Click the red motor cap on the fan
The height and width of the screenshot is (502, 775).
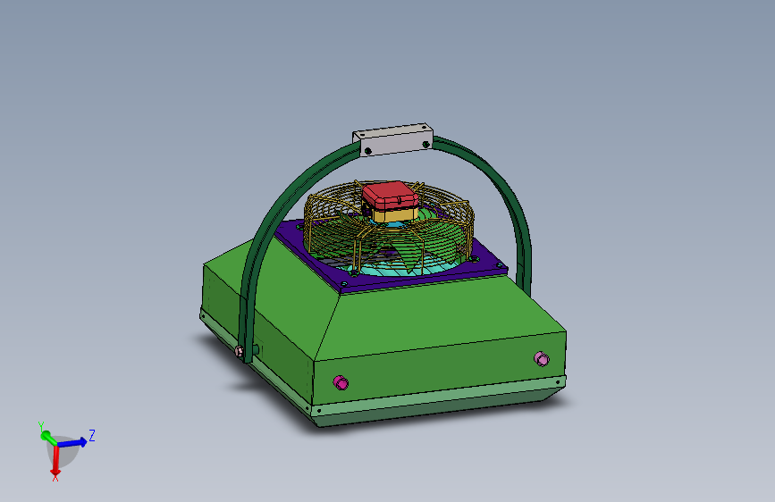pos(390,195)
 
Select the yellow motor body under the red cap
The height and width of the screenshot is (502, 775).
pos(395,214)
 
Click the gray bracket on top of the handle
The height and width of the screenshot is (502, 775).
pos(393,139)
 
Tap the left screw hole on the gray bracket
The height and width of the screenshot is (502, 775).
pos(367,151)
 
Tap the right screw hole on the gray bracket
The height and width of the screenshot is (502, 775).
pos(426,145)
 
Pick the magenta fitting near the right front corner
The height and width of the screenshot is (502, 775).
pos(542,359)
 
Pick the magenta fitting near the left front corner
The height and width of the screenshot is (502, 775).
pos(341,382)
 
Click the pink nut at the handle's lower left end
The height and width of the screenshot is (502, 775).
pos(240,351)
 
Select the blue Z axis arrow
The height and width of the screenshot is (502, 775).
pos(72,442)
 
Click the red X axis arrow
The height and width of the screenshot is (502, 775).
pos(55,459)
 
